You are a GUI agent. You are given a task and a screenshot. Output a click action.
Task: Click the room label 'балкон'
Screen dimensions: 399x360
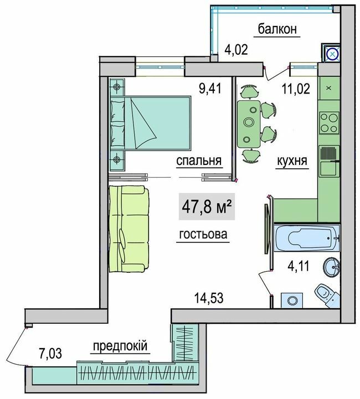pos(277,29)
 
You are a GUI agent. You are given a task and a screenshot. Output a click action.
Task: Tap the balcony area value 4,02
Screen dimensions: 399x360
pos(235,51)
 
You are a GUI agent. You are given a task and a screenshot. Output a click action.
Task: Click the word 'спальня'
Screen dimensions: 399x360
pos(199,160)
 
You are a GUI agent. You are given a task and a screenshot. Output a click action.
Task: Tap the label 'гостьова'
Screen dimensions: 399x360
pos(203,235)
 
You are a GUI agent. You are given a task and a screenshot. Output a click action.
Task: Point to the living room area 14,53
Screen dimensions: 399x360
pos(209,299)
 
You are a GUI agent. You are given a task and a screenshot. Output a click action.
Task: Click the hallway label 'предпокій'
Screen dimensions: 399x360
pos(120,346)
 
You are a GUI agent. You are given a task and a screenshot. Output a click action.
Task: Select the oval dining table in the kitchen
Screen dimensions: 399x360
pos(250,122)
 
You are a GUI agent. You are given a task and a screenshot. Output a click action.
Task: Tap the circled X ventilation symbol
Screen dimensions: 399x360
pos(331,54)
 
